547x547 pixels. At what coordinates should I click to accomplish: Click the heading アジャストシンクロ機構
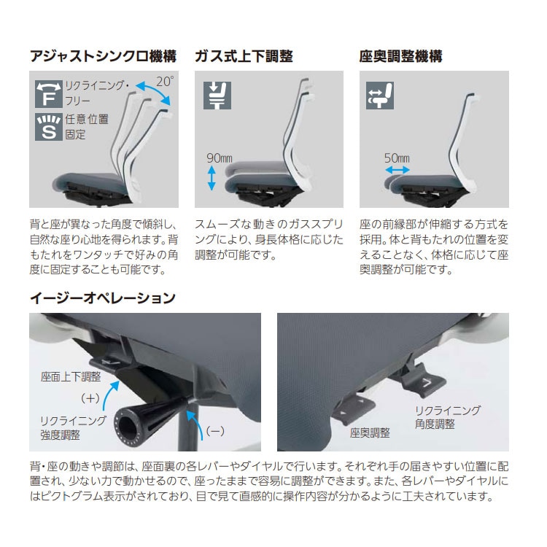pyautogui.click(x=102, y=56)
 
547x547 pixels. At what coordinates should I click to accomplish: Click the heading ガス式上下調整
pyautogui.click(x=244, y=56)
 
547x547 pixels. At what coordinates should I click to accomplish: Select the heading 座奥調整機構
pyautogui.click(x=400, y=56)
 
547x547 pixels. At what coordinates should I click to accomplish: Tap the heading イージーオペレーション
pyautogui.click(x=102, y=298)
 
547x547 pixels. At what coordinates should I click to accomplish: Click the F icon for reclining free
pyautogui.click(x=48, y=96)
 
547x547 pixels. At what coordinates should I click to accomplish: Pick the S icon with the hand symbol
pyautogui.click(x=48, y=126)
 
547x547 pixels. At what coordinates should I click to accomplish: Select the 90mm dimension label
pyautogui.click(x=219, y=158)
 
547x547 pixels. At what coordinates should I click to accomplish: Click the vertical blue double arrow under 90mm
pyautogui.click(x=212, y=178)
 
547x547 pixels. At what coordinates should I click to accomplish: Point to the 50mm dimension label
pyautogui.click(x=397, y=158)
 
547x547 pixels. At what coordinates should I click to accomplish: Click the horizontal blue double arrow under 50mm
pyautogui.click(x=397, y=169)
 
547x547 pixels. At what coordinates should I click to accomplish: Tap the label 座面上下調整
pyautogui.click(x=71, y=377)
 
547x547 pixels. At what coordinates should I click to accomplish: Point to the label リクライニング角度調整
pyautogui.click(x=445, y=417)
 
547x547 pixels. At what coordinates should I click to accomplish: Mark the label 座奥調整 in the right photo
pyautogui.click(x=369, y=432)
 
